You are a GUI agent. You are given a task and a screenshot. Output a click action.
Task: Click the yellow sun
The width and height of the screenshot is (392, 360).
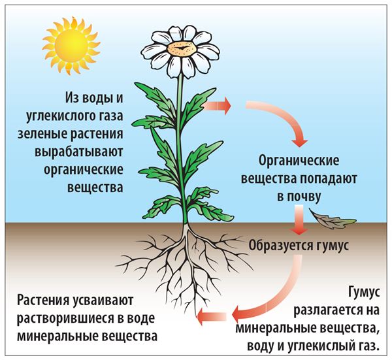click(x=71, y=46)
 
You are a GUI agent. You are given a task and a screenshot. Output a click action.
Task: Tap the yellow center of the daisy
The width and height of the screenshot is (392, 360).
click(x=181, y=48)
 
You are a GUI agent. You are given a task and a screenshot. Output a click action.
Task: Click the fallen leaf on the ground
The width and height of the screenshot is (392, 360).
click(x=332, y=220)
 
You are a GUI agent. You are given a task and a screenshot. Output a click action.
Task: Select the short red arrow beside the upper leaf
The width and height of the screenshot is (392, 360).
click(x=217, y=105)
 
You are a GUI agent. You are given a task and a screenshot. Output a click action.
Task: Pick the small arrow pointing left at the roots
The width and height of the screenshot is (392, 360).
click(x=212, y=316)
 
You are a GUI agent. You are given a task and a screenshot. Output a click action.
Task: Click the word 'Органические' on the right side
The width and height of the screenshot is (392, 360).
click(x=299, y=161)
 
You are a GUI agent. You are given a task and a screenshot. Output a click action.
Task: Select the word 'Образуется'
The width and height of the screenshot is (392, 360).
click(x=280, y=245)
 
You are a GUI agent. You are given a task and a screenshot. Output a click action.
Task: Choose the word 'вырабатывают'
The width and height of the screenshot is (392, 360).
click(x=79, y=152)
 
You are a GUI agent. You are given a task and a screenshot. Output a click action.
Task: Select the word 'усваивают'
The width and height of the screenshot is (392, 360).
click(x=103, y=301)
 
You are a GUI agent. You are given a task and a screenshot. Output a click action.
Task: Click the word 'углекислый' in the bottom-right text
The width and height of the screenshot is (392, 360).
click(x=321, y=346)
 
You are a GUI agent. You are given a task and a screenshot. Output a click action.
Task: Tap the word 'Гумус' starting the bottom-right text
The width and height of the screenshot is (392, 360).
click(x=364, y=292)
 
